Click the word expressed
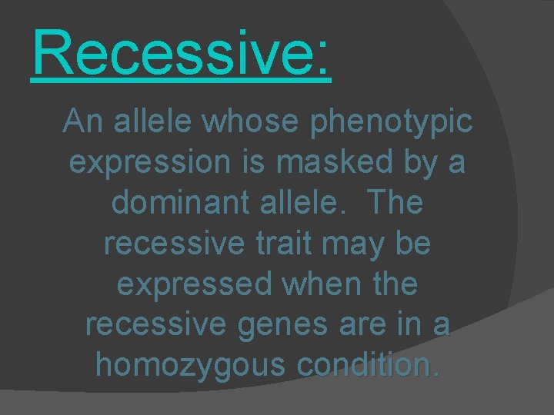[x=193, y=284]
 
